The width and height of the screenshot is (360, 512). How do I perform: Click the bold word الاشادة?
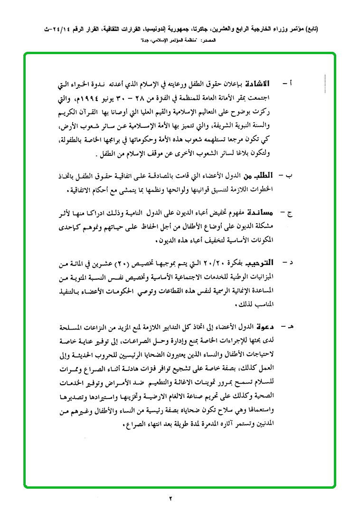pyautogui.click(x=256, y=84)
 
